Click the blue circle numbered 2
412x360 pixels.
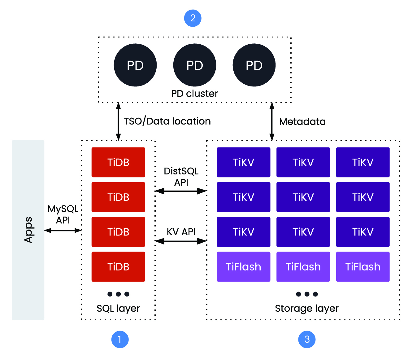[193, 18]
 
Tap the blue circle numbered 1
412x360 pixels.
[120, 339]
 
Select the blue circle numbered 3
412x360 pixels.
[307, 339]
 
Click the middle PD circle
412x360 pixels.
[194, 65]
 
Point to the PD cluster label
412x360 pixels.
[194, 93]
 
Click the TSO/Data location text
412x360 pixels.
[167, 121]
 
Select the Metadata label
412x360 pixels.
[302, 121]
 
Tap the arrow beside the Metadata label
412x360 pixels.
[272, 121]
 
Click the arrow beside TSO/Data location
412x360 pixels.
[118, 121]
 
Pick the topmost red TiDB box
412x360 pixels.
[118, 162]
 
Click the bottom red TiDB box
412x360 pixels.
[118, 266]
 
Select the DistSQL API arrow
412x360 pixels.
[181, 191]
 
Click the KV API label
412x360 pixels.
[181, 232]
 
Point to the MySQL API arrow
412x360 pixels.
[63, 230]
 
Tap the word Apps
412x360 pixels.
[28, 230]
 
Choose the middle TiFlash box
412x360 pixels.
[303, 266]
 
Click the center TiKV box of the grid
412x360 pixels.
[303, 197]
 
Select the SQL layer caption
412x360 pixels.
[118, 308]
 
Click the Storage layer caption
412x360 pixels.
[307, 308]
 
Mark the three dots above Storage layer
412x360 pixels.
[307, 294]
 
